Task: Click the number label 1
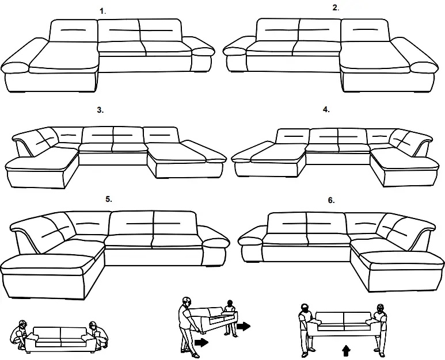(102, 10)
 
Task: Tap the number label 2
(336, 7)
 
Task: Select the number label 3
(100, 109)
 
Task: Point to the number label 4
(326, 109)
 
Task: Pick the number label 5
(108, 199)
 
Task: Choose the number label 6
(331, 200)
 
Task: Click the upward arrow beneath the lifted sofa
(345, 350)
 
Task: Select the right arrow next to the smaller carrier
(244, 326)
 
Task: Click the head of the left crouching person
(22, 325)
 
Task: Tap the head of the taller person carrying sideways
(185, 301)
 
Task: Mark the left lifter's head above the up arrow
(305, 307)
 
